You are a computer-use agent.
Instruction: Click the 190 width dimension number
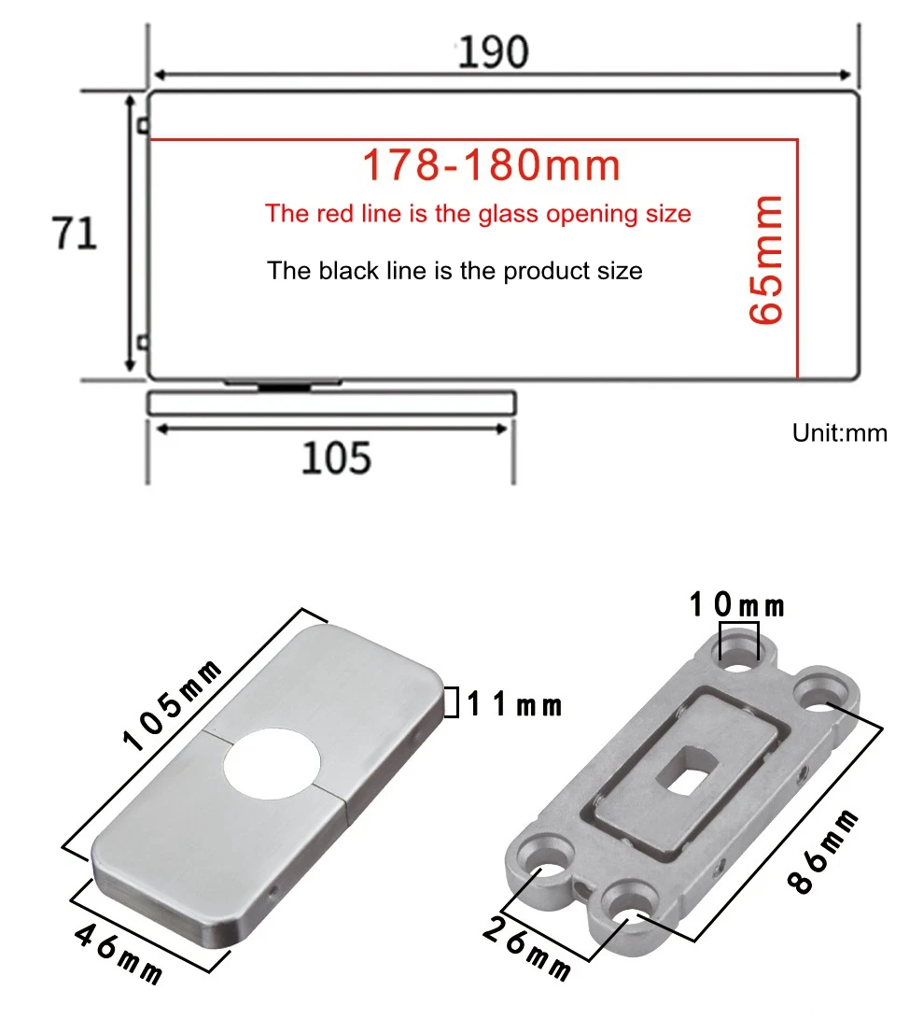coord(493,52)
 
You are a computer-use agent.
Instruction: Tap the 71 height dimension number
coord(74,234)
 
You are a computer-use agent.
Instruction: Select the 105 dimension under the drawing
coord(336,458)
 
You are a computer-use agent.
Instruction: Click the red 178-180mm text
coord(491,165)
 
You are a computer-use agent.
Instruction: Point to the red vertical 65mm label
coord(765,259)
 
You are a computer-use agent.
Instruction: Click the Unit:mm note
coord(839,432)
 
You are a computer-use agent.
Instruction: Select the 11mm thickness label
coord(514,704)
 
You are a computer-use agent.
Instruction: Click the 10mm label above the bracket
coord(736,605)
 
